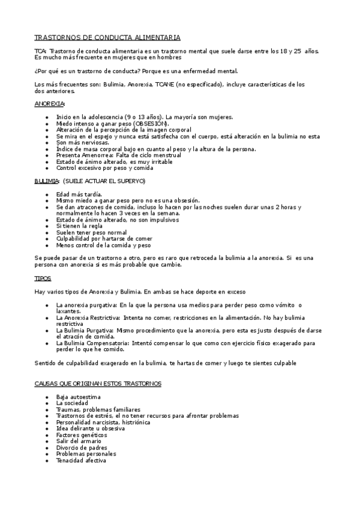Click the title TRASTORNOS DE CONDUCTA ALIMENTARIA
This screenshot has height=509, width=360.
pos(107,37)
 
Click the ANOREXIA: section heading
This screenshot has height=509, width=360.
pos(50,104)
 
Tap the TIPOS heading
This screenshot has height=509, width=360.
pos(43,279)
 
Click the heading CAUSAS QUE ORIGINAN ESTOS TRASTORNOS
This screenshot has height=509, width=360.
pos(97,383)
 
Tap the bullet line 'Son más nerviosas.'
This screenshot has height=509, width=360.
pos(83,142)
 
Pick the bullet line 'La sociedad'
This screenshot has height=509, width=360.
pos(72,403)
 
